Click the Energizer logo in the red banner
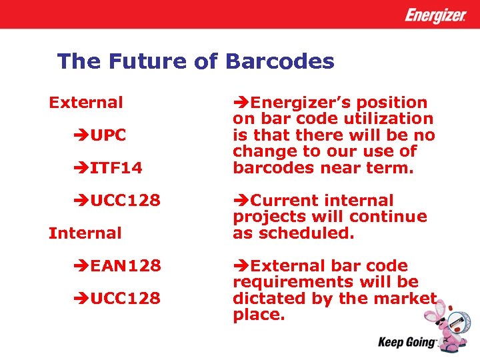[435, 15]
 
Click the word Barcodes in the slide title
[279, 62]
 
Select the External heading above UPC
[86, 103]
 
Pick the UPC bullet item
[108, 135]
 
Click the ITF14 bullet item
[116, 168]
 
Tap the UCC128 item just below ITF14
[125, 201]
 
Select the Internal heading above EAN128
[85, 233]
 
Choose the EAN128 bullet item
[125, 266]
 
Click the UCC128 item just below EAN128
[125, 299]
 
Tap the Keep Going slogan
[407, 343]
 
